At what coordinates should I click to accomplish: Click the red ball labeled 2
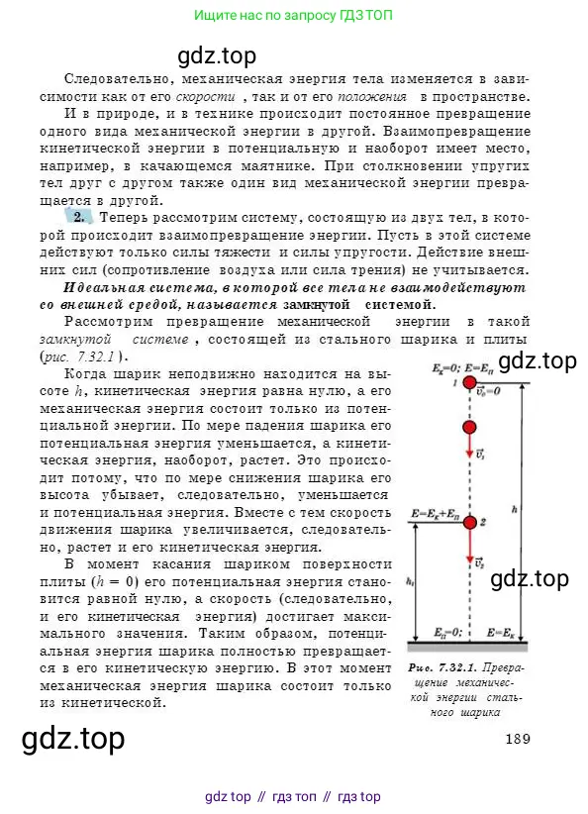coord(469,522)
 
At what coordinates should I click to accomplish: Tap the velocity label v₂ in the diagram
coord(477,563)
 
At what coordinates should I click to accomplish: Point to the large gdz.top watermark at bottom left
coord(73,740)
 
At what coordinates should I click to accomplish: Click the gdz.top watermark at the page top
coord(216,54)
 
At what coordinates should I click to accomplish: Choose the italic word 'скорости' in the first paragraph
coord(205,96)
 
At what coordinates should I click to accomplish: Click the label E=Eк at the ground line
coord(499,631)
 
